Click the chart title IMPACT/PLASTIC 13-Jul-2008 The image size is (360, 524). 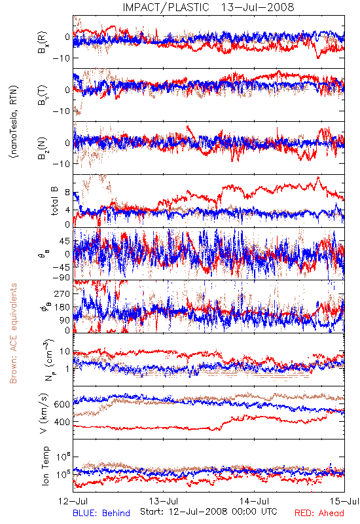208,7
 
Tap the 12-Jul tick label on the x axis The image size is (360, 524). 73,501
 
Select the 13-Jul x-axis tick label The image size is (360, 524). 164,501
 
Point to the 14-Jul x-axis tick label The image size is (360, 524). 254,501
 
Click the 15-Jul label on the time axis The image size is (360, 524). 344,501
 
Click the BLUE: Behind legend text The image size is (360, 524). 101,514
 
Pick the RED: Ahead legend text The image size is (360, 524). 319,514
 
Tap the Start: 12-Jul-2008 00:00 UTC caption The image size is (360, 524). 209,512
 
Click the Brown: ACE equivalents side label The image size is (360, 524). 12,333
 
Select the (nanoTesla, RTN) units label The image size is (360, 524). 14,121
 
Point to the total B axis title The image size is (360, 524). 54,201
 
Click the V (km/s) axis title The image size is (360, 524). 44,413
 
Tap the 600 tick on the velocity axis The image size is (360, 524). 62,404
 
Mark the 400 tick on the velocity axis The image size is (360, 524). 62,422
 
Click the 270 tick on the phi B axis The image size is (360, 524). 62,293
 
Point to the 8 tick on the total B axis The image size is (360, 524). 67,193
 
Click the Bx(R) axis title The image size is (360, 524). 43,43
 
